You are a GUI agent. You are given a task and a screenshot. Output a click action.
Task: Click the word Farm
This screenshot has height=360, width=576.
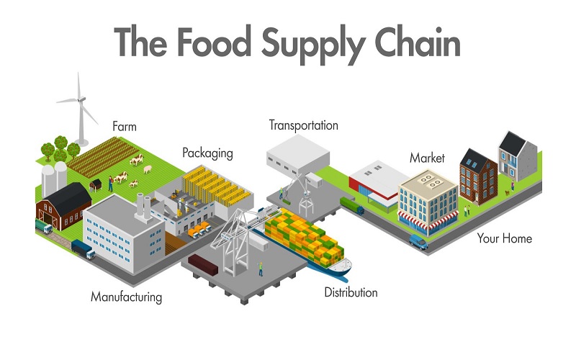click(x=125, y=127)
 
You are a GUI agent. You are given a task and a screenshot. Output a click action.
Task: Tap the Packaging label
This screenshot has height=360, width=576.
click(x=207, y=153)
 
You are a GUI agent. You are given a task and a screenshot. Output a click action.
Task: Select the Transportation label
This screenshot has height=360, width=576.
click(x=303, y=125)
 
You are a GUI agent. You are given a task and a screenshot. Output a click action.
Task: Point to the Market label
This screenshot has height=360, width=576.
click(x=427, y=158)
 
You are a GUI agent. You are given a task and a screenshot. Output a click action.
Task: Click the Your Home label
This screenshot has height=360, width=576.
click(x=505, y=238)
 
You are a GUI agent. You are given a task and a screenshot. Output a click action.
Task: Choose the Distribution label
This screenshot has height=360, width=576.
click(x=351, y=292)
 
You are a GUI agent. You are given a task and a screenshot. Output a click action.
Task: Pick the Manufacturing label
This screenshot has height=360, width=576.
click(x=127, y=297)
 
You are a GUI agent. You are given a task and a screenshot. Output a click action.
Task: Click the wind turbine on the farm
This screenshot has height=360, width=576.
click(x=79, y=109)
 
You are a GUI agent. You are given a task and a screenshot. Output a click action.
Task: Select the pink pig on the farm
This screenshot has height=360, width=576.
click(x=148, y=169)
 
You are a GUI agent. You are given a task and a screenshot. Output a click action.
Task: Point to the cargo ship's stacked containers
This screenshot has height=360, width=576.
click(x=304, y=236)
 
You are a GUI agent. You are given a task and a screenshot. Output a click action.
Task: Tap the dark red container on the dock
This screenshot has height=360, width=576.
click(x=203, y=264)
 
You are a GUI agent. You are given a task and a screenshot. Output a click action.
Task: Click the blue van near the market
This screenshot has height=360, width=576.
click(x=418, y=241)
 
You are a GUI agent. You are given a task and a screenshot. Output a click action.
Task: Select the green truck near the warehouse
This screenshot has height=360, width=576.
click(x=352, y=206)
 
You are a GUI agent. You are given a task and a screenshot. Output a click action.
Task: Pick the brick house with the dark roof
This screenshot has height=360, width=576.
click(x=478, y=176)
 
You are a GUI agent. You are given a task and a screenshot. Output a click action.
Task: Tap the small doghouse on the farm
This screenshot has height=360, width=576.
click(x=96, y=185)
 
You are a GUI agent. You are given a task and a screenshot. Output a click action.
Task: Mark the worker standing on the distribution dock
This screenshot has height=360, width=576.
click(x=261, y=269)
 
